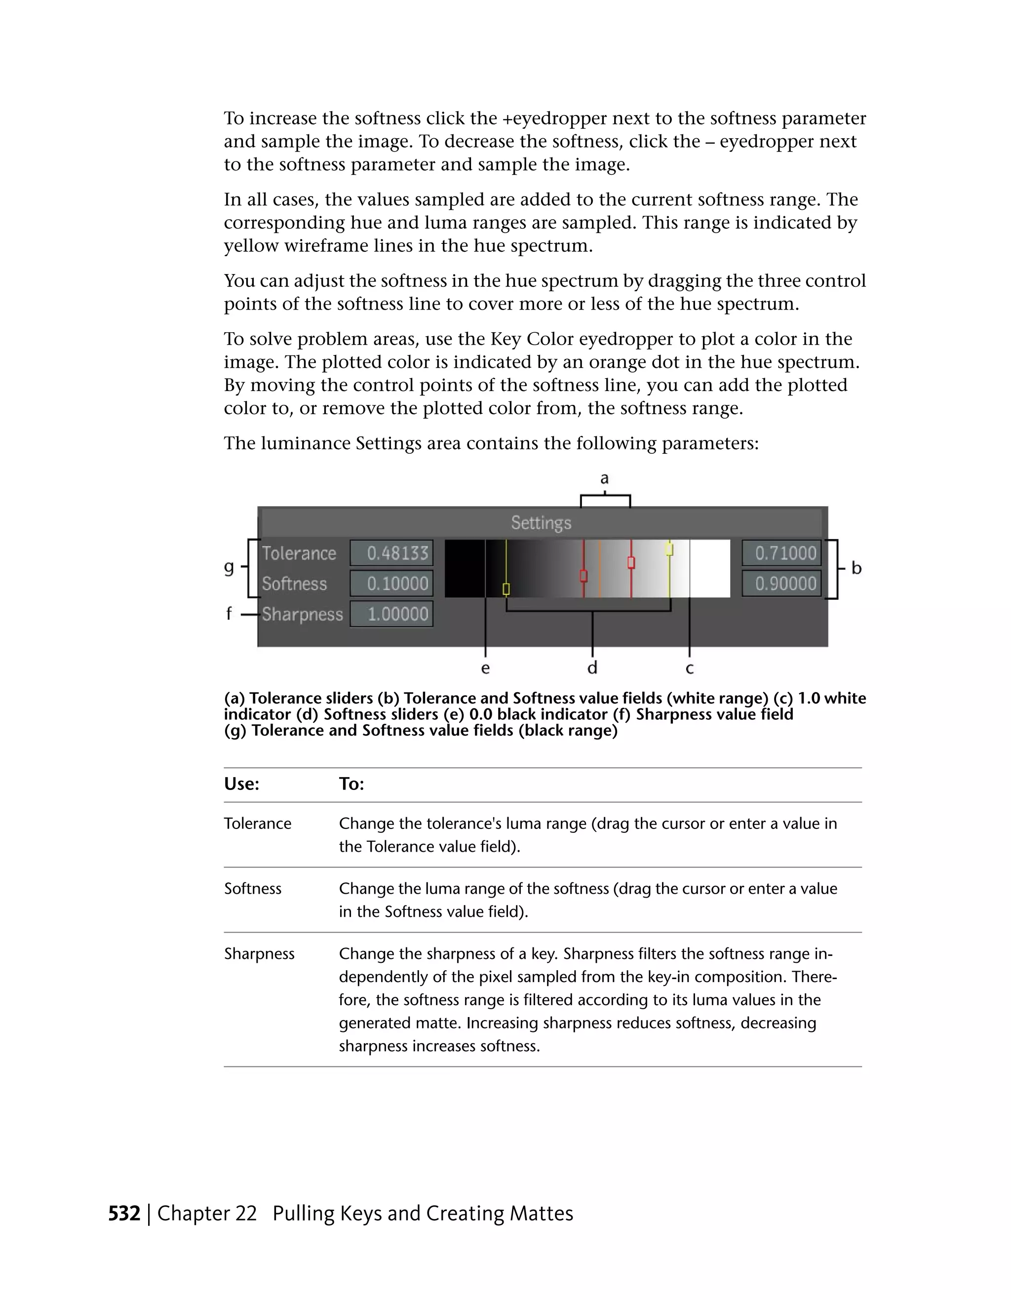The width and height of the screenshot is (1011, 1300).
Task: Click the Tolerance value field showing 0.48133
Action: (x=391, y=553)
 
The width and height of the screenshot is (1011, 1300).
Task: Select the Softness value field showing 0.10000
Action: (x=391, y=583)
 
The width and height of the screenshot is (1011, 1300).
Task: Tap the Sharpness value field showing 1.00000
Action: (x=391, y=614)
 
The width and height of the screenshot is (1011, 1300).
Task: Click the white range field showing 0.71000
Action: (x=781, y=553)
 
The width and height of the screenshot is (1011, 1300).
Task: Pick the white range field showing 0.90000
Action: (x=781, y=583)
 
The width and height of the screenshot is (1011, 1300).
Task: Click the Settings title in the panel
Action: (x=541, y=523)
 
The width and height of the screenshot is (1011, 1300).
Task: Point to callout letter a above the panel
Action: (x=605, y=478)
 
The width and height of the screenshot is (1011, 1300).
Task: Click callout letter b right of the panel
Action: (x=856, y=568)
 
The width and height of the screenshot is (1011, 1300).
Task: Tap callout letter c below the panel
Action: (x=690, y=669)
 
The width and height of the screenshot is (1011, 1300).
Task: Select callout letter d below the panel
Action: (x=592, y=668)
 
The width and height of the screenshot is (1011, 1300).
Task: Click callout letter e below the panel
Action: (x=486, y=669)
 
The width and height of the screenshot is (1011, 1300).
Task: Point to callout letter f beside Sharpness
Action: (x=229, y=613)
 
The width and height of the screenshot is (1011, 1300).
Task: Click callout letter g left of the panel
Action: (x=229, y=567)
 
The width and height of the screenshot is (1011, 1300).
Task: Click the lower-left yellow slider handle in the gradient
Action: (x=506, y=590)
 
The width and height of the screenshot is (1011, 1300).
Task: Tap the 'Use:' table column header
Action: (x=241, y=784)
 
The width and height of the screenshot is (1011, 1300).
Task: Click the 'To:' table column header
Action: (x=351, y=784)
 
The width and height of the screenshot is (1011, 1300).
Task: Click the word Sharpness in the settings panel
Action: (x=302, y=614)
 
